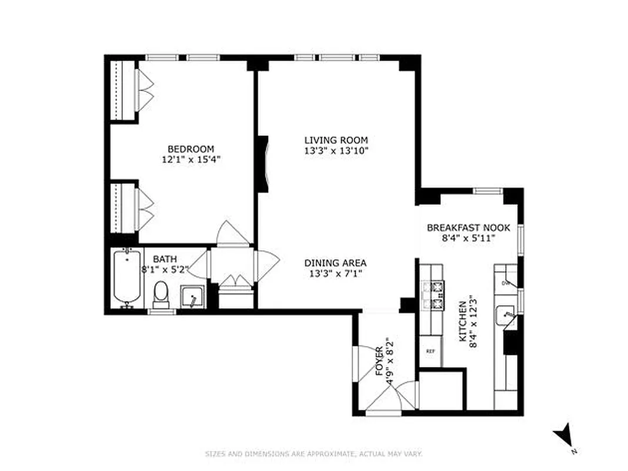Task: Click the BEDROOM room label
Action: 191,149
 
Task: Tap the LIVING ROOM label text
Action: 336,140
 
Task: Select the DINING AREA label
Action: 335,263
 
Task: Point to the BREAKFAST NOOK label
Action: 468,228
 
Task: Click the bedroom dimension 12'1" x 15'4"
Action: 191,159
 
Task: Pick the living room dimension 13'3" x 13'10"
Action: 336,150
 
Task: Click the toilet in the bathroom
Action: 161,293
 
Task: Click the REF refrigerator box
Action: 430,351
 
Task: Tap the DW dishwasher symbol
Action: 505,283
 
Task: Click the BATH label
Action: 163,259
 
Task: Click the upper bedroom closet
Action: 124,89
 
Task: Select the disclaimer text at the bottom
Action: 313,453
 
